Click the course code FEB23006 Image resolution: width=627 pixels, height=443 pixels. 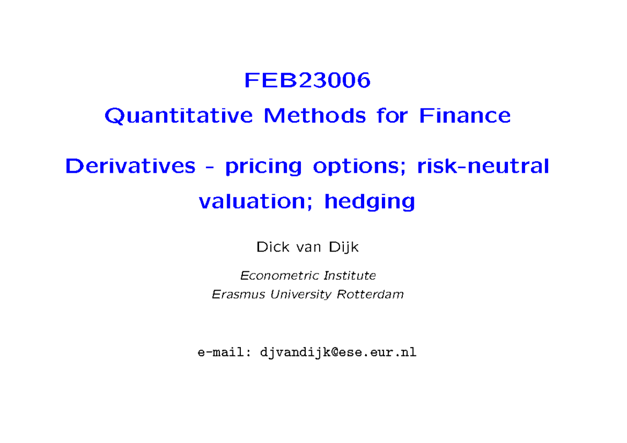tap(307, 80)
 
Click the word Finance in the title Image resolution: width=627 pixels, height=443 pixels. tap(465, 115)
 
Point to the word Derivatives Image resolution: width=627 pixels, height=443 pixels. tap(130, 166)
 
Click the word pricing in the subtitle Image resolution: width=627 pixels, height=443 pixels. tap(263, 167)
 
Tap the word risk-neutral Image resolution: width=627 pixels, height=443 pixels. tap(477, 166)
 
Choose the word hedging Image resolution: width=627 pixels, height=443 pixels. tap(369, 202)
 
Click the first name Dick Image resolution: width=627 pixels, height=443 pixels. tap(268, 247)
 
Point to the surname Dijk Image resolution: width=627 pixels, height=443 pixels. tap(344, 247)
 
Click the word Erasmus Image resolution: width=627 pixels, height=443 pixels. tap(239, 294)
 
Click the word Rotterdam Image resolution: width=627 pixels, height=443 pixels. tap(370, 294)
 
